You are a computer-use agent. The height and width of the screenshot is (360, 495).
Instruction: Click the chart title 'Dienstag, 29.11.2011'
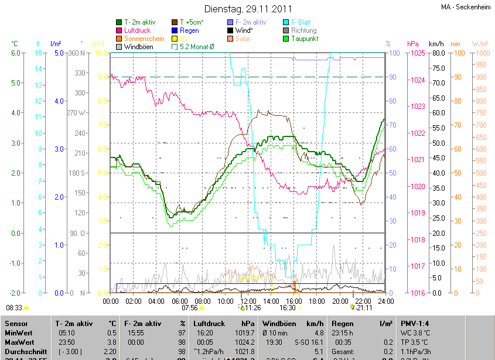(x=248, y=9)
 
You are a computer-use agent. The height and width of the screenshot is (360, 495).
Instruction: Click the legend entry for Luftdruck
(x=138, y=30)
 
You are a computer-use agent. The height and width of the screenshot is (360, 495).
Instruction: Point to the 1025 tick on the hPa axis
(x=417, y=53)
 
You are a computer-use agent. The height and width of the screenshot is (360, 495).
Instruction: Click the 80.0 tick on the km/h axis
(x=437, y=53)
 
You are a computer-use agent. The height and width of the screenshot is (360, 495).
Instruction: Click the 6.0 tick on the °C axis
(x=16, y=53)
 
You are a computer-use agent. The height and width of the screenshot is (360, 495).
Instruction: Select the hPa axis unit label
(x=412, y=44)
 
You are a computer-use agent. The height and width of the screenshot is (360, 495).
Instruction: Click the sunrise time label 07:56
(x=190, y=307)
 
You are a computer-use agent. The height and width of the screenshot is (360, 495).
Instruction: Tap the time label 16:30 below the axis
(x=287, y=307)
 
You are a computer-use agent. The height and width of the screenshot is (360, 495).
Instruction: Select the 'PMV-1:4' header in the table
(x=415, y=323)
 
